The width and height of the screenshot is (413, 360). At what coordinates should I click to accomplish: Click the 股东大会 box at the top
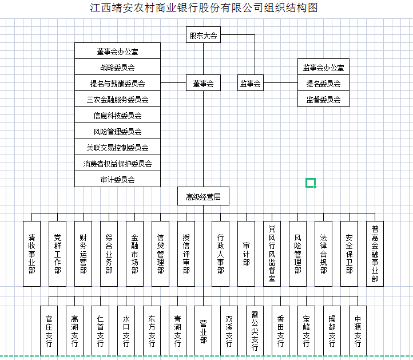203,34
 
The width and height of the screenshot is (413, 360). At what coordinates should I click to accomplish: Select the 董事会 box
203,83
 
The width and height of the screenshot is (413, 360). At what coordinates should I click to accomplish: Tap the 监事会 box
250,83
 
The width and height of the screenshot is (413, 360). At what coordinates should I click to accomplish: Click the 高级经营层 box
203,196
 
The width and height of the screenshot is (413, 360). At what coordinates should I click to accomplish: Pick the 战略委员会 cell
117,66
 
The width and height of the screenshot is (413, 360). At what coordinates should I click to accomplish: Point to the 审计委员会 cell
117,179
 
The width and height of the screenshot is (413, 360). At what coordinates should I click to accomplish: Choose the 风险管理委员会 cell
117,130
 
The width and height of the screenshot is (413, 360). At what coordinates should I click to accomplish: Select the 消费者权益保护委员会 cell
117,163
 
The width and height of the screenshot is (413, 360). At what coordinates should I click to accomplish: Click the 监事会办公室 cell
323,66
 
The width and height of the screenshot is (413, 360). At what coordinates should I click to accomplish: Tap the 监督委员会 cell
323,99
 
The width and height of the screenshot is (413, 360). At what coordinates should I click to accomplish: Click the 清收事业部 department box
31,254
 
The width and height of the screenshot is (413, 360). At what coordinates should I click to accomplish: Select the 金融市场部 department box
134,254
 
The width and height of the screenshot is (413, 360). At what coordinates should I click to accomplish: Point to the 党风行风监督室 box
272,254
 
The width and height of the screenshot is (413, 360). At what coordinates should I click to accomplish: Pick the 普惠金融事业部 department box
375,254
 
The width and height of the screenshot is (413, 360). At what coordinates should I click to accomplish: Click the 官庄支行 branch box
49,331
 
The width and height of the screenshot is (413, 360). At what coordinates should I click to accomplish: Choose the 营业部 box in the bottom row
203,331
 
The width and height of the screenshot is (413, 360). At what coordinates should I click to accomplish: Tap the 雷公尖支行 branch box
255,331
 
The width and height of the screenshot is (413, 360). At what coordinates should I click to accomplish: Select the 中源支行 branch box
358,331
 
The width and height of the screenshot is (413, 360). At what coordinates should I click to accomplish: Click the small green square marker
311,183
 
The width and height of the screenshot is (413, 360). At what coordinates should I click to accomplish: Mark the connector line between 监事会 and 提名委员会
280,83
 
